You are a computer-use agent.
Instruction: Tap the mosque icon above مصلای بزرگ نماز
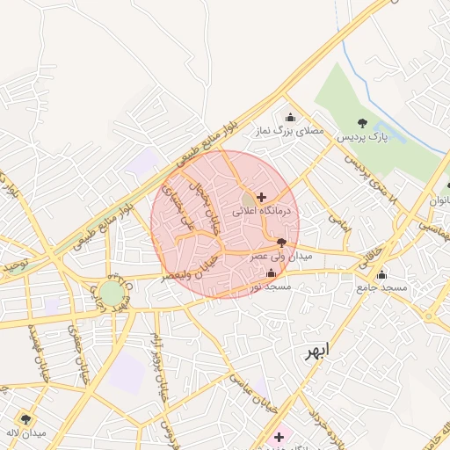click(x=290, y=118)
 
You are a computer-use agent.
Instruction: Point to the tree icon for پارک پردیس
click(x=363, y=123)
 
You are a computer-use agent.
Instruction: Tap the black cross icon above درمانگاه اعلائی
click(x=261, y=197)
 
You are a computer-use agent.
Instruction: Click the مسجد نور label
click(x=269, y=287)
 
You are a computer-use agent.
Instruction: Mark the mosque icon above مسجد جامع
click(x=381, y=274)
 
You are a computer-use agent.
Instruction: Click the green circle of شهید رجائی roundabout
click(x=111, y=293)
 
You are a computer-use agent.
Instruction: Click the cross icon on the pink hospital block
click(x=279, y=436)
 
